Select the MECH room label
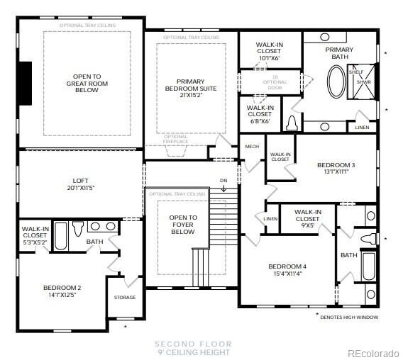pyautogui.click(x=251, y=147)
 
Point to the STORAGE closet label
pyautogui.click(x=125, y=297)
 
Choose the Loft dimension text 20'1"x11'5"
pyautogui.click(x=79, y=188)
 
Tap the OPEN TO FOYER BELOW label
pyautogui.click(x=182, y=224)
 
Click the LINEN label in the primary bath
pyautogui.click(x=362, y=128)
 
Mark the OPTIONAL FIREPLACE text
pyautogui.click(x=176, y=139)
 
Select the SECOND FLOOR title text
pyautogui.click(x=192, y=344)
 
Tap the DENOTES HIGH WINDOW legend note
pyautogui.click(x=350, y=317)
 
